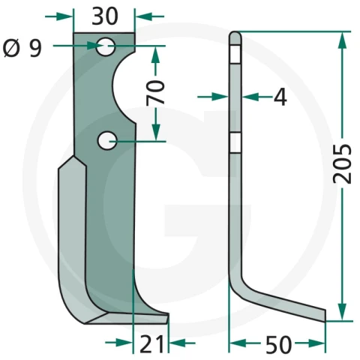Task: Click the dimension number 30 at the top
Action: tap(105, 16)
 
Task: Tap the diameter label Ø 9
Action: tap(22, 49)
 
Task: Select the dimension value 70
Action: tap(156, 92)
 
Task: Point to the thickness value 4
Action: tap(280, 97)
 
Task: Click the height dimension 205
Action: tap(342, 163)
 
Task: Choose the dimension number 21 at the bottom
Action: tap(151, 343)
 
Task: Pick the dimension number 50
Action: tap(278, 344)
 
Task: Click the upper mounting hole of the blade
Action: tap(106, 46)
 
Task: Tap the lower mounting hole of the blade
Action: tap(107, 141)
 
